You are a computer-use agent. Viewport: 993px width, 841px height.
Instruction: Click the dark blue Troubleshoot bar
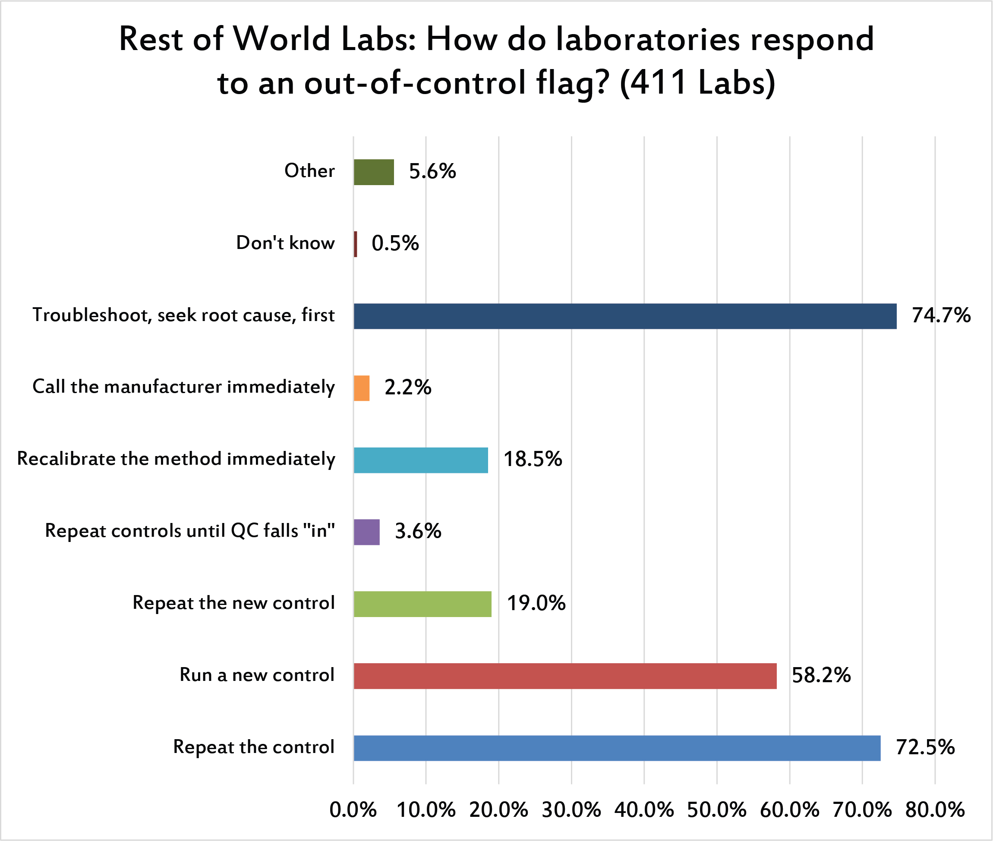click(624, 316)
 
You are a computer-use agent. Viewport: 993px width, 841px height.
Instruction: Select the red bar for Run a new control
click(565, 676)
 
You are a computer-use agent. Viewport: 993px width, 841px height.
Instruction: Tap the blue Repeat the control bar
click(617, 747)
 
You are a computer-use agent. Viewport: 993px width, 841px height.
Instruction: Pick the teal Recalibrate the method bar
click(421, 460)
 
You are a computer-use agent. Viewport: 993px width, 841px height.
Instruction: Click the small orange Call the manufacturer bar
click(361, 388)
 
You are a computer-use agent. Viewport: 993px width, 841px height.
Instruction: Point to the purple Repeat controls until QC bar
click(366, 532)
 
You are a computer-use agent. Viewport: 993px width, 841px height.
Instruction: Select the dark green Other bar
click(374, 172)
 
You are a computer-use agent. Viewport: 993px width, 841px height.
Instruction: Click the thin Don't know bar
click(356, 244)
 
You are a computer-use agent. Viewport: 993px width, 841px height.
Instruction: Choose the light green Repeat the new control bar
click(422, 604)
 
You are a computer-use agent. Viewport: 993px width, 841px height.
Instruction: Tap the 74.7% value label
click(941, 315)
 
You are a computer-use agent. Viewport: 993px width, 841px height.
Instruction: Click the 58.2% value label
click(821, 675)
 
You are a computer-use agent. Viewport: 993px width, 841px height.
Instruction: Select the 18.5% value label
click(533, 459)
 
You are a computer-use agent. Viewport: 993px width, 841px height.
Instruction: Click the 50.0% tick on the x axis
click(716, 810)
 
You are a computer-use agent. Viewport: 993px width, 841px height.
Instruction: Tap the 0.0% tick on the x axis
click(353, 810)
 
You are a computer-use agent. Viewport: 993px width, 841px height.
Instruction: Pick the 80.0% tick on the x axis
click(935, 810)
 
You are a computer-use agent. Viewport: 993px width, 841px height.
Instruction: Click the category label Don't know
click(285, 243)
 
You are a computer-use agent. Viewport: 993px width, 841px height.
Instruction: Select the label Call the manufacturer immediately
click(183, 387)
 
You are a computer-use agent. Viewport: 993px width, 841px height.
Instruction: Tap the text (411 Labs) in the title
click(697, 82)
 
